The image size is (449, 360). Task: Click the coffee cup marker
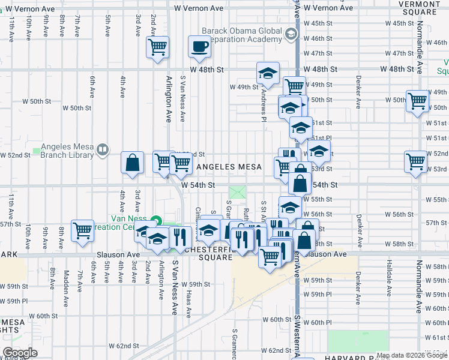[x=199, y=47]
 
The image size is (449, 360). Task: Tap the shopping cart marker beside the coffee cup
[x=158, y=47]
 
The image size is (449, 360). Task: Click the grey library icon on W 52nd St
[x=103, y=149]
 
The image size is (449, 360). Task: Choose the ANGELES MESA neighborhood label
[x=230, y=167]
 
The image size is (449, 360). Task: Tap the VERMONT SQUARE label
[x=421, y=7]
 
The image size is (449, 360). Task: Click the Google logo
[x=20, y=353]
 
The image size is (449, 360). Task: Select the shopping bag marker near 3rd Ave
[x=132, y=162]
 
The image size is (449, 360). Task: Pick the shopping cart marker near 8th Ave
[x=82, y=230]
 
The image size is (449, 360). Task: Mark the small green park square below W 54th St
[x=239, y=193]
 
